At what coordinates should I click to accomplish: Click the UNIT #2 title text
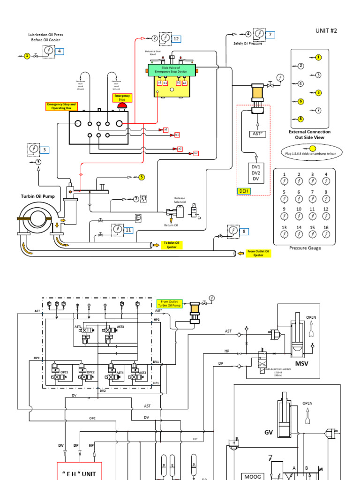click(327, 30)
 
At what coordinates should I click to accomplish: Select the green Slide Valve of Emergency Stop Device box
click(171, 70)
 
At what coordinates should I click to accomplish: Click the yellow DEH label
click(244, 191)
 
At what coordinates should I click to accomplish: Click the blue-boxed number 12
click(176, 39)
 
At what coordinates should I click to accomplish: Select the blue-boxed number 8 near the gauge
click(244, 231)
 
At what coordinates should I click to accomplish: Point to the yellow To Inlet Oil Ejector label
click(172, 245)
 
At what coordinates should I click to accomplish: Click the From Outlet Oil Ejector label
click(259, 254)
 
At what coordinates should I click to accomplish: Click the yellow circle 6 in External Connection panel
click(301, 101)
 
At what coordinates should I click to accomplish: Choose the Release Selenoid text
click(180, 200)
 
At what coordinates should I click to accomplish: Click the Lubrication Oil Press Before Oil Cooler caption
click(45, 37)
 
